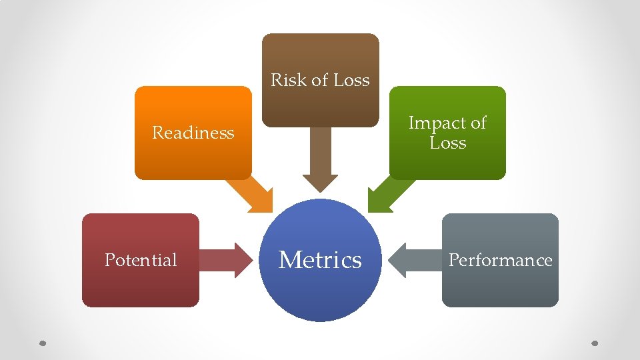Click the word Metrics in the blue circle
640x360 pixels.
(x=320, y=259)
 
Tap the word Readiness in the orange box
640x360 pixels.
(x=193, y=133)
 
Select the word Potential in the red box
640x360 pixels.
(x=141, y=260)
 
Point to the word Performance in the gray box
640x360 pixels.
(x=500, y=260)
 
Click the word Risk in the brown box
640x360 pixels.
(x=286, y=80)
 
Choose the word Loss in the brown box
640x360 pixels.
(x=351, y=80)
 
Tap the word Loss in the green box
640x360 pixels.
(x=447, y=143)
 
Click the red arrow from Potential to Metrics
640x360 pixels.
(x=224, y=260)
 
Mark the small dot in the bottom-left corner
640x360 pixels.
(x=41, y=343)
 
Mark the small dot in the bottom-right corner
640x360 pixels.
(x=595, y=343)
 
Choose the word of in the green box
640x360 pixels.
(x=479, y=123)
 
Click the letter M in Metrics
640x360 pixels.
(x=289, y=259)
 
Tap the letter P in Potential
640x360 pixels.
(x=110, y=260)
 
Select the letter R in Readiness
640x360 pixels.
(x=158, y=133)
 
